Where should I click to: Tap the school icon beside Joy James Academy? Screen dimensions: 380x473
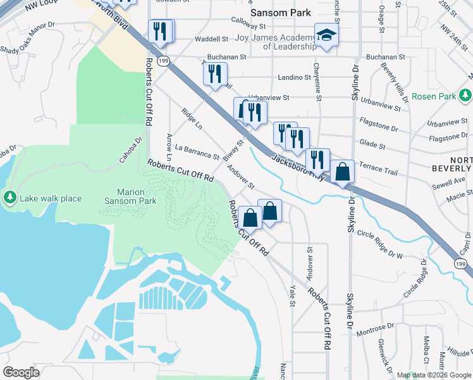click(326, 35)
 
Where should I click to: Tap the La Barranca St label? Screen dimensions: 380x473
click(197, 152)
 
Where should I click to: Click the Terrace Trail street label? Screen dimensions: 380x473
click(378, 172)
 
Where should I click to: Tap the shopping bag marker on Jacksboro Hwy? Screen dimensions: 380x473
click(342, 172)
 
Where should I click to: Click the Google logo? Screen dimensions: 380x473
click(21, 372)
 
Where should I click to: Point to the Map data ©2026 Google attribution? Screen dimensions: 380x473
click(433, 375)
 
